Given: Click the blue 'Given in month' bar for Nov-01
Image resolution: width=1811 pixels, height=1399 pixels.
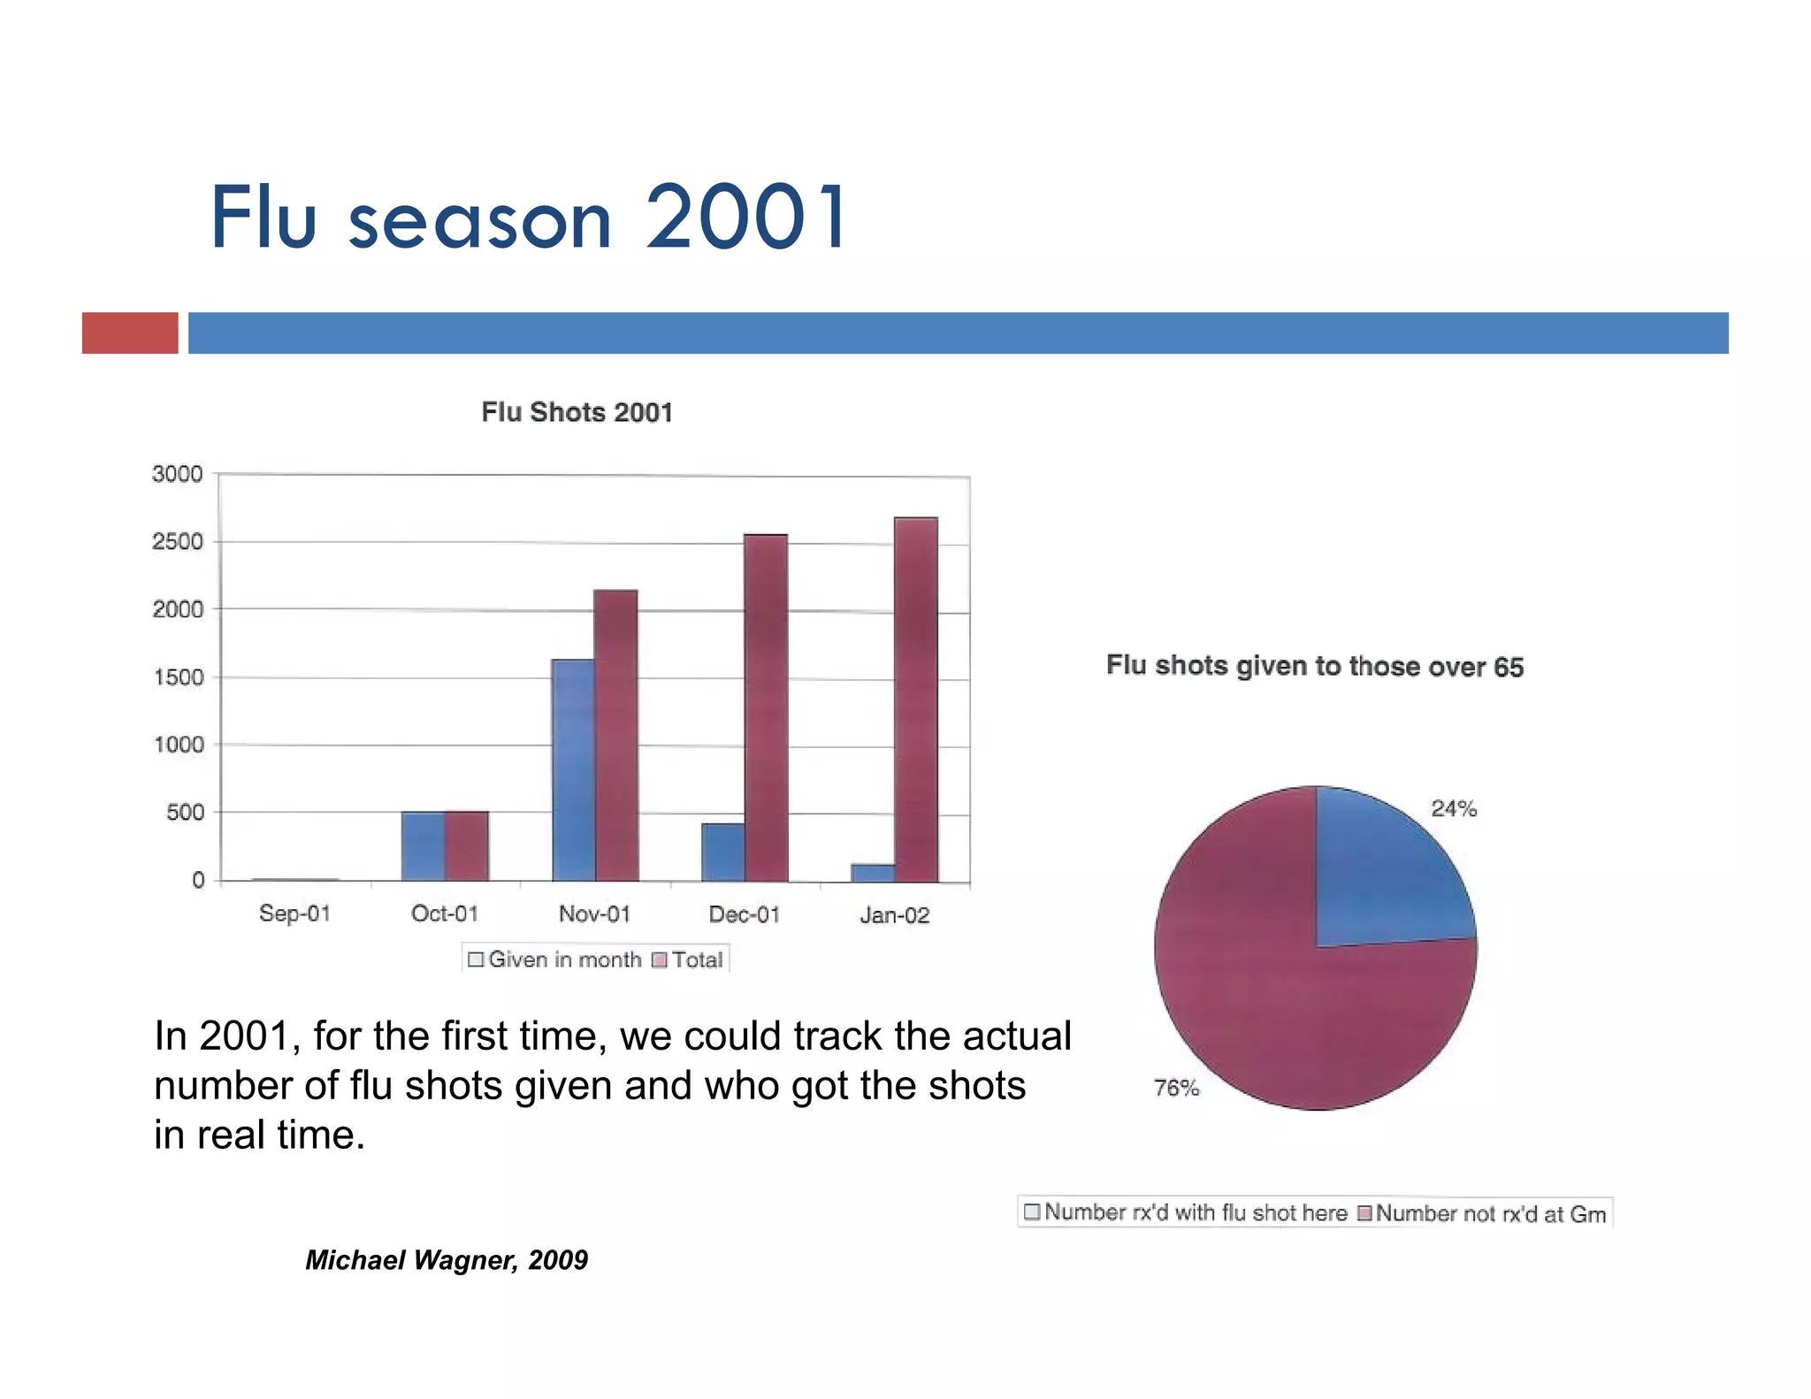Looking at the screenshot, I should click(573, 769).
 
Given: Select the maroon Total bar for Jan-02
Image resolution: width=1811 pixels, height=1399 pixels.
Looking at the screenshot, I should click(915, 699).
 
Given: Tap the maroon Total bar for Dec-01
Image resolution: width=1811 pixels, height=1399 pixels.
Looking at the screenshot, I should click(765, 707).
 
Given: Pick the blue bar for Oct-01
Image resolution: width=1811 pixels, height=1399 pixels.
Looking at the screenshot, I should click(423, 845).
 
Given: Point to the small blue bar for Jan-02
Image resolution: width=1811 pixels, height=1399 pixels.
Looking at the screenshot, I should click(872, 872).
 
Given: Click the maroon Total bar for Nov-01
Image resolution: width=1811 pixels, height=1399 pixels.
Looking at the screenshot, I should click(615, 734).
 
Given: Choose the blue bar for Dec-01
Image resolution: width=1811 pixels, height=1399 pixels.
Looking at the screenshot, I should click(722, 852).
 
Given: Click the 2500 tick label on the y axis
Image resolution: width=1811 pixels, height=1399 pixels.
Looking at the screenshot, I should click(177, 541).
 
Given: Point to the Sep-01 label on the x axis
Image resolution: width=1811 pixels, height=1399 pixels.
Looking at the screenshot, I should click(294, 914).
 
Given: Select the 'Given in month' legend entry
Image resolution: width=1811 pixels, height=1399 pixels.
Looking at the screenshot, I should click(554, 959).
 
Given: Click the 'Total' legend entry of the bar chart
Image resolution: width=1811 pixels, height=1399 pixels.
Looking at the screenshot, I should click(688, 959).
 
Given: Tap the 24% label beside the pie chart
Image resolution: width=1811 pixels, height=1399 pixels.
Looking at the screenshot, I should click(1453, 808).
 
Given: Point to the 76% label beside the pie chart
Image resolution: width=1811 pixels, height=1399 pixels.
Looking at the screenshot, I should click(1176, 1088).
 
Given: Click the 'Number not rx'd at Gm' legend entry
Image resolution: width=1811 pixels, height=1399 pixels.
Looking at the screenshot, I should click(1482, 1213).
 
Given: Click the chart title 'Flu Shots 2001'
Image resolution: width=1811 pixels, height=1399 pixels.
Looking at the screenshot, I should click(577, 412).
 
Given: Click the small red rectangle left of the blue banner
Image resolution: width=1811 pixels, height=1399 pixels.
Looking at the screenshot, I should click(130, 333).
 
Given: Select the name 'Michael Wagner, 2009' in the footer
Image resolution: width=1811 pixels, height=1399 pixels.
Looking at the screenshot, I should click(447, 1259).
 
